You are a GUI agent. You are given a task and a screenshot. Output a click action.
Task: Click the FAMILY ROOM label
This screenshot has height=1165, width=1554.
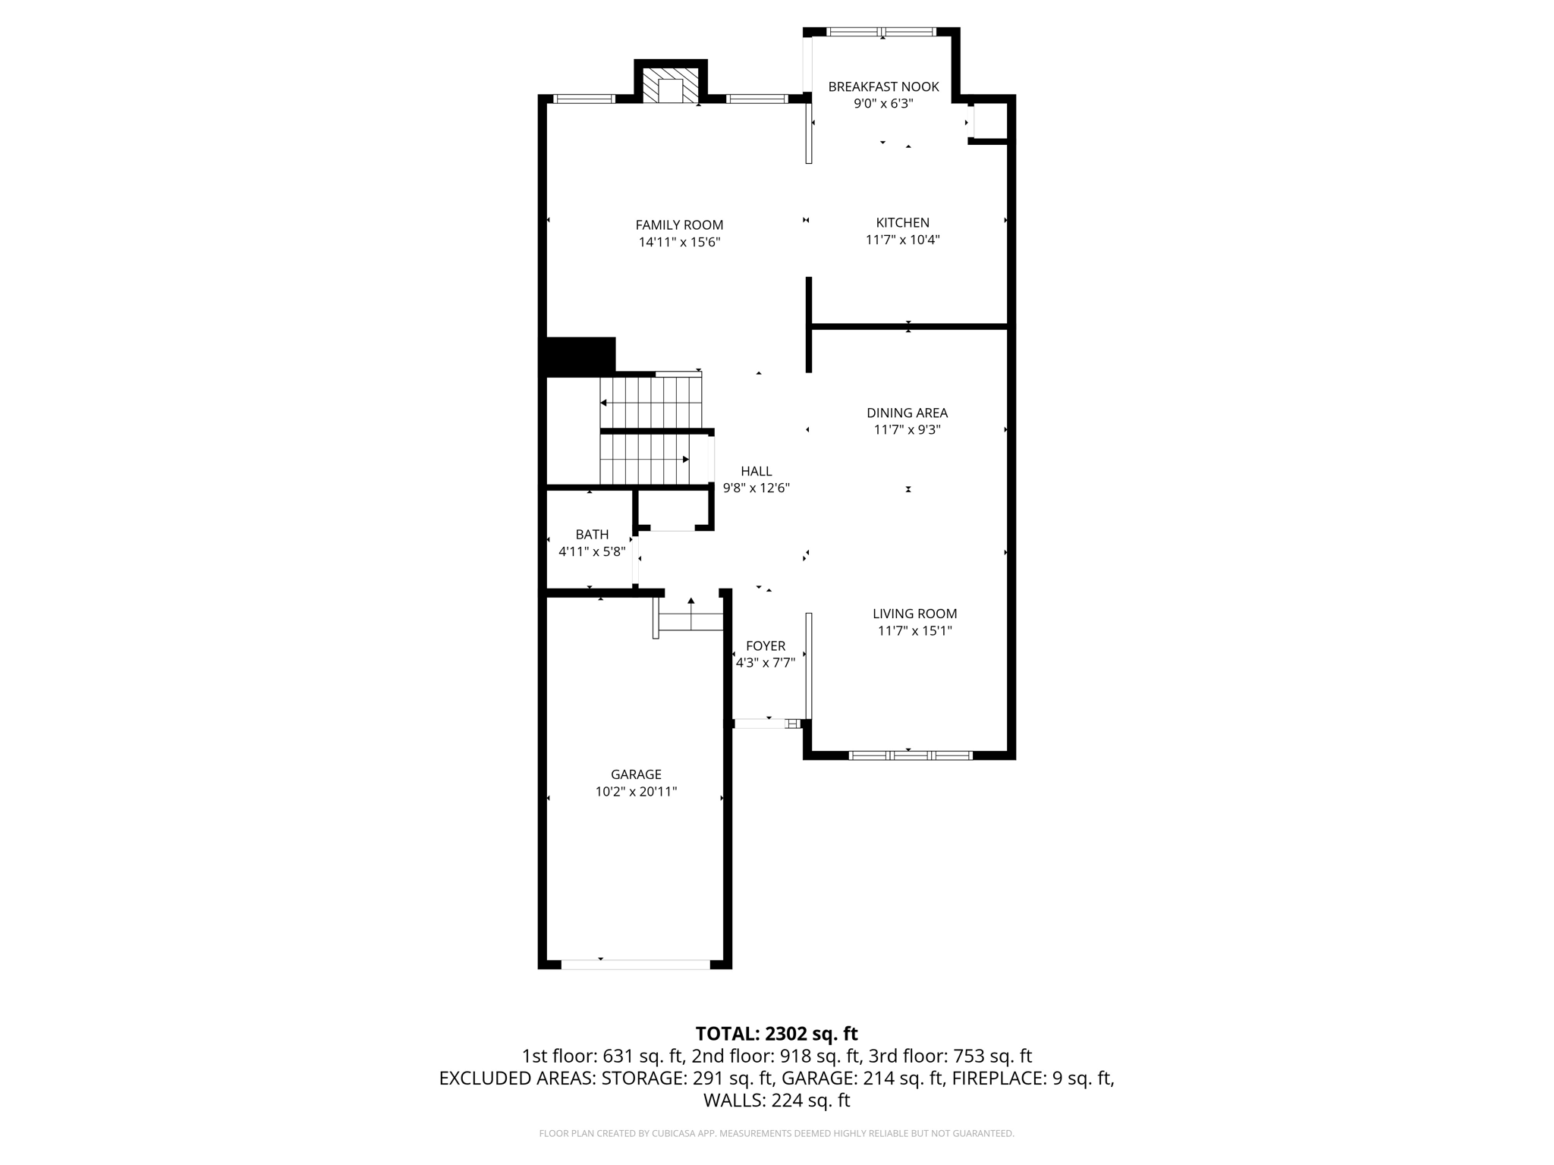coord(679,225)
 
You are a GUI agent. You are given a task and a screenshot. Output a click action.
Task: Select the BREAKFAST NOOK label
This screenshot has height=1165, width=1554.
coord(883,87)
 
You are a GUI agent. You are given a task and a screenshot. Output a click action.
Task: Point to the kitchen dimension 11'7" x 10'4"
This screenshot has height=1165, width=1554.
coord(902,240)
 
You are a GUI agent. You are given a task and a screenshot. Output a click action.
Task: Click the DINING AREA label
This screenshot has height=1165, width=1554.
coord(907,413)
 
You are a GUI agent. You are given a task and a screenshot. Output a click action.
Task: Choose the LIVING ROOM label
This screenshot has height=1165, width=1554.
coord(914,614)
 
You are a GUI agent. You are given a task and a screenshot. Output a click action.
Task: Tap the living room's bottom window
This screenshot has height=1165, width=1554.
coord(910,755)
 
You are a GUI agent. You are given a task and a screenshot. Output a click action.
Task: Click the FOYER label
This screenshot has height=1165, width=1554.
coord(765,646)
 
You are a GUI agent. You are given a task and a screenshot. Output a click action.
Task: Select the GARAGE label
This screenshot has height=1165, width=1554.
coord(636,774)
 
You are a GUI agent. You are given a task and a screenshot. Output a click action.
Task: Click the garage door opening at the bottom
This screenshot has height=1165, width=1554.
coord(635,964)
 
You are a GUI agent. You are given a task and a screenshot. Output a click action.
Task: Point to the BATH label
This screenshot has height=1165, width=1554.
coord(592,535)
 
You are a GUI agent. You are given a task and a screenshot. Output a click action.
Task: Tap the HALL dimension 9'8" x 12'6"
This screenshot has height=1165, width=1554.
coord(756,488)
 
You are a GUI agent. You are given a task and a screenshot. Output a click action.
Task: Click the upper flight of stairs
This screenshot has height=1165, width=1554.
coord(651,402)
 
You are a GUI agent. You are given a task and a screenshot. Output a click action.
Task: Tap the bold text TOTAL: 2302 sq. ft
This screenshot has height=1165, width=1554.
coord(776,1034)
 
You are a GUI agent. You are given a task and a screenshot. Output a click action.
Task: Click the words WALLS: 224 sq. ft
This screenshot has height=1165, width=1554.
coord(776,1101)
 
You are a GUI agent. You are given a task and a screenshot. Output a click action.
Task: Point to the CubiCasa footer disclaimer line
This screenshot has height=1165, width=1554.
coord(776,1134)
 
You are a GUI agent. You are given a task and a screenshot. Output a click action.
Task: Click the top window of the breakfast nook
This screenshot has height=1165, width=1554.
coord(881,32)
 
